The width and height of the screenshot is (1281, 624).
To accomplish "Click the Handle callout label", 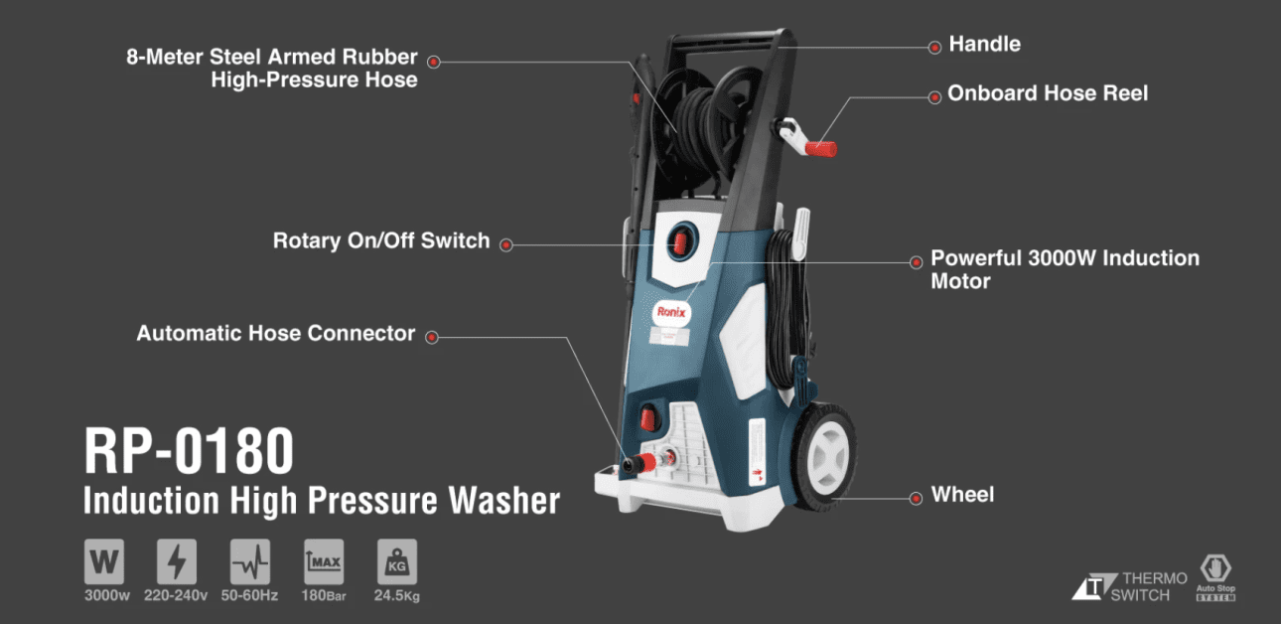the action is [x=984, y=44].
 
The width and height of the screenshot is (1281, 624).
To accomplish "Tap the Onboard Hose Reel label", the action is [x=1047, y=93].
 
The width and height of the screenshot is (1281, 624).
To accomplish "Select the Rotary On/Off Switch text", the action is [x=381, y=241].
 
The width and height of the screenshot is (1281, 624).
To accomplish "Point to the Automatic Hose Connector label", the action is [x=276, y=333].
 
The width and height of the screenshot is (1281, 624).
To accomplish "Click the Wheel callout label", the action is [x=962, y=495].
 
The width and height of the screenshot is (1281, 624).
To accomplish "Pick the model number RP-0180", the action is [x=189, y=450].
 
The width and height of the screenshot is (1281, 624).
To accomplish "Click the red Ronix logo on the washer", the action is [x=671, y=312].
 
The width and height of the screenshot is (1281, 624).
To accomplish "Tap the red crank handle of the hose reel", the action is [x=820, y=149].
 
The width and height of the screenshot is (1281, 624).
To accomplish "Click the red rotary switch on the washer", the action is [x=680, y=242].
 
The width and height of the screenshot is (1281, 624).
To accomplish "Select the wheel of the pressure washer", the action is [x=824, y=456].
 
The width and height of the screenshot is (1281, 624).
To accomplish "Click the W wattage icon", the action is [x=104, y=561].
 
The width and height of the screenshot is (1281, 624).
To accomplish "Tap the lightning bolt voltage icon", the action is [x=177, y=561].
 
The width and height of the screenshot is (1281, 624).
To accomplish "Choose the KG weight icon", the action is [x=397, y=561].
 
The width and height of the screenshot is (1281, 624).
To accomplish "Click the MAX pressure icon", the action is [x=324, y=561].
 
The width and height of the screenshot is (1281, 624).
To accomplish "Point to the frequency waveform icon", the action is [x=250, y=561].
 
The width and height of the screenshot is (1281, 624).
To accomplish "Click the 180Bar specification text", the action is [x=324, y=596].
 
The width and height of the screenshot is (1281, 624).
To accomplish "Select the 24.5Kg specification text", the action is [x=397, y=596].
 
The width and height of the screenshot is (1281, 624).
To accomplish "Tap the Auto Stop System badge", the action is [x=1215, y=577].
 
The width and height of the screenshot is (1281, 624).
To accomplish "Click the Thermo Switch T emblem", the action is [x=1094, y=586].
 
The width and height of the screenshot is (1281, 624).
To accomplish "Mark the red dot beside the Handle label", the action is [x=934, y=48].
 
